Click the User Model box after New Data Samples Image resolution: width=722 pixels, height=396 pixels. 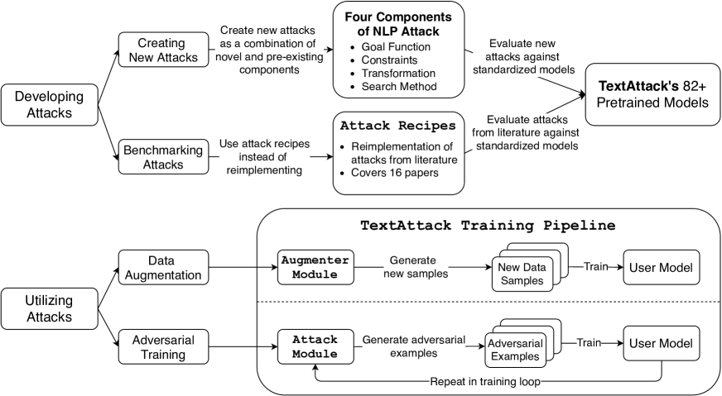[661, 267]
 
